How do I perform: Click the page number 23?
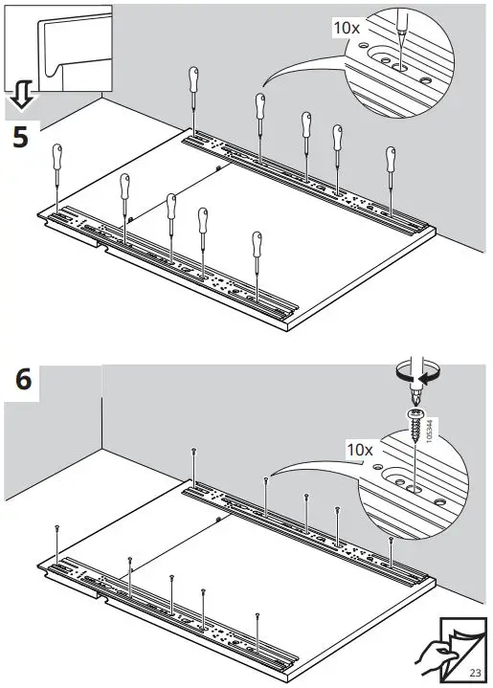[475, 673]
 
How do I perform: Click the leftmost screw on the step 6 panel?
[58, 527]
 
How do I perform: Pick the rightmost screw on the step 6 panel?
[392, 541]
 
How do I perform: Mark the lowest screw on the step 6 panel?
[258, 614]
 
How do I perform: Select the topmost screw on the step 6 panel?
[194, 449]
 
